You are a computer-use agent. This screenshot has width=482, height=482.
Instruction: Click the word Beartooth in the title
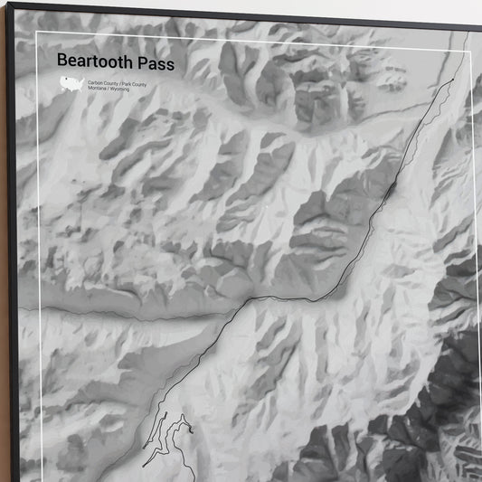tap(93, 61)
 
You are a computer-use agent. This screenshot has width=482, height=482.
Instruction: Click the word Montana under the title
tap(98, 90)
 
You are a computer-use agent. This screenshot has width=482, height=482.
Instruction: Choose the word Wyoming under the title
tap(120, 90)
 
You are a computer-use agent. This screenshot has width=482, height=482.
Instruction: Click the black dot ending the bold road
tap(452, 80)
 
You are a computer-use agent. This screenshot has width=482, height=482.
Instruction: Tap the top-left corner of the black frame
tap(7, 5)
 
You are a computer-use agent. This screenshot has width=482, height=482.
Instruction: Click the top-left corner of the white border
tap(36, 33)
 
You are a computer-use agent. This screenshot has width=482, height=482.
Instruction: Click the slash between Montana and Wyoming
tap(109, 90)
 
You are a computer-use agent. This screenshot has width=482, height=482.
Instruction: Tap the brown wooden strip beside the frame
tap(3, 271)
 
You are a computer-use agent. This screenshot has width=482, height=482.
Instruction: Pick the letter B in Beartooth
tap(61, 61)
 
